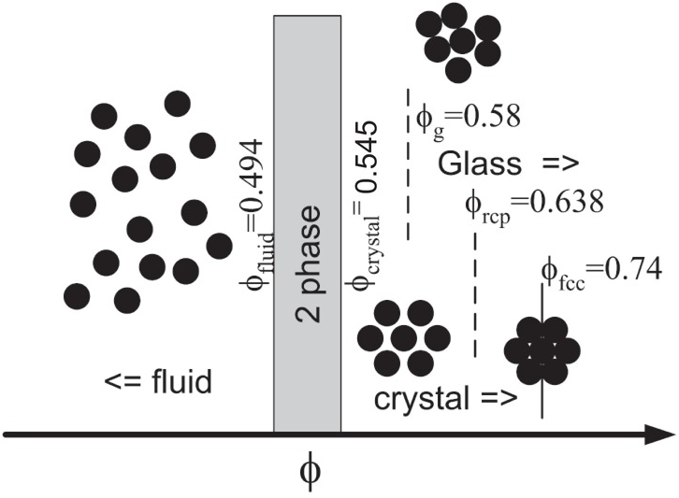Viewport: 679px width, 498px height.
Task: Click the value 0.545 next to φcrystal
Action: [366, 158]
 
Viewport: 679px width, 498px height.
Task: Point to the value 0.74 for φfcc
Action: [633, 269]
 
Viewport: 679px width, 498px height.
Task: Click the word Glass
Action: [480, 164]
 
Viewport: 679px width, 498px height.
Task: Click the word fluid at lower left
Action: [181, 381]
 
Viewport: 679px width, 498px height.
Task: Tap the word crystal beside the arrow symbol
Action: [422, 398]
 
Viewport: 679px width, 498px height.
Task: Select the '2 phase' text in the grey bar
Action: [309, 263]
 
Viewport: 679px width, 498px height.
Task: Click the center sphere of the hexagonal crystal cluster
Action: [404, 338]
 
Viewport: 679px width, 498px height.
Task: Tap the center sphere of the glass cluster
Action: [462, 41]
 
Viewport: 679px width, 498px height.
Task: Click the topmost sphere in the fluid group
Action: [178, 104]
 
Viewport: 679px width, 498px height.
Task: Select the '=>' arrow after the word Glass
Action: [559, 164]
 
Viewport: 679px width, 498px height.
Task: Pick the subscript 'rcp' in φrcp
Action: [497, 217]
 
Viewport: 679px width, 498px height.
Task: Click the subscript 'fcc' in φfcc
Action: [571, 284]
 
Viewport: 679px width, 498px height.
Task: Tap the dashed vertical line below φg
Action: [408, 164]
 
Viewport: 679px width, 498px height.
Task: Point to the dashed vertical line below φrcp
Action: [475, 295]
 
